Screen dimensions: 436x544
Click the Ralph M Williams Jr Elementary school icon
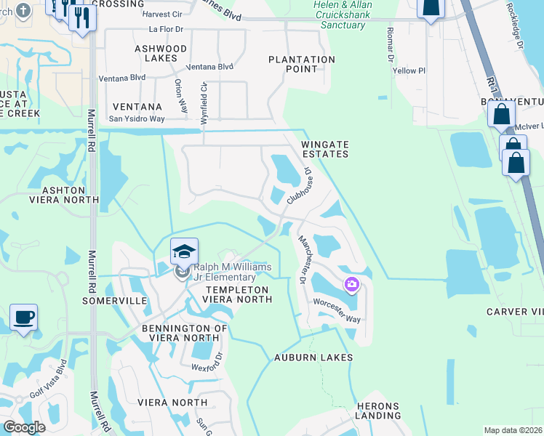pyautogui.click(x=184, y=251)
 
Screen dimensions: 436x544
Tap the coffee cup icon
pyautogui.click(x=23, y=318)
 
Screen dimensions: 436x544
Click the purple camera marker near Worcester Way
pyautogui.click(x=352, y=284)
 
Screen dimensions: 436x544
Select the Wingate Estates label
pyautogui.click(x=325, y=149)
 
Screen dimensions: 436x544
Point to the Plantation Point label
pyautogui.click(x=302, y=64)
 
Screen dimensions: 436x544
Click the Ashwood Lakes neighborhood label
pyautogui.click(x=161, y=53)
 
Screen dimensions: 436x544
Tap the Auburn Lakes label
pyautogui.click(x=313, y=358)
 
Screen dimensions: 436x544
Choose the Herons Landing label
pyautogui.click(x=378, y=411)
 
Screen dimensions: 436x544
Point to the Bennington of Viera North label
pyautogui.click(x=185, y=334)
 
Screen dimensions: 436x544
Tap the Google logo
pyautogui.click(x=23, y=427)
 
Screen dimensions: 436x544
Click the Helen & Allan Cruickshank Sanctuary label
pyautogui.click(x=339, y=15)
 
